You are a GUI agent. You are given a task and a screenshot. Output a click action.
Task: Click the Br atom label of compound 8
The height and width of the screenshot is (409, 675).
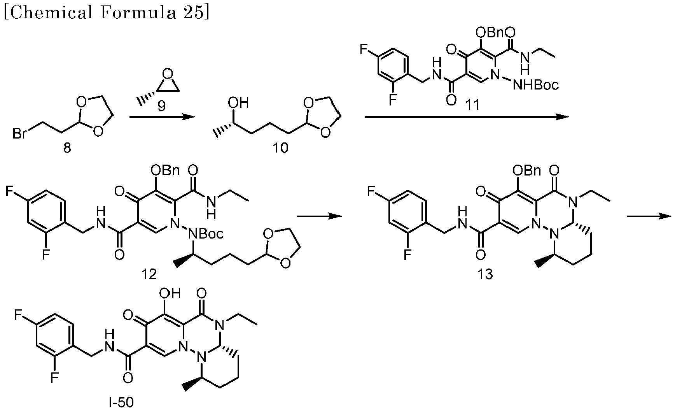pyautogui.click(x=19, y=134)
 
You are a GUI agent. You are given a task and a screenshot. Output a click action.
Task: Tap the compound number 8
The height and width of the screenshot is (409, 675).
pyautogui.click(x=67, y=148)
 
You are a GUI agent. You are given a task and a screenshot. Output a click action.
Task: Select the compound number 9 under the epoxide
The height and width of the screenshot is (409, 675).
pyautogui.click(x=161, y=106)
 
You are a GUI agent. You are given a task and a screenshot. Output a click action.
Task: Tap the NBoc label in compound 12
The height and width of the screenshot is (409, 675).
pyautogui.click(x=206, y=234)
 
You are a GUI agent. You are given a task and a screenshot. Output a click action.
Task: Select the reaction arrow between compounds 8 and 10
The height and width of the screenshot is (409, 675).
pyautogui.click(x=161, y=117)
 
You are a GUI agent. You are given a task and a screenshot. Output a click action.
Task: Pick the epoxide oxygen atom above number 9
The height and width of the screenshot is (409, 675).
pyautogui.click(x=167, y=74)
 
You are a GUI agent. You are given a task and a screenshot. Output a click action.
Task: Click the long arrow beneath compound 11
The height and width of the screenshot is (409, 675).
pyautogui.click(x=466, y=117)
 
